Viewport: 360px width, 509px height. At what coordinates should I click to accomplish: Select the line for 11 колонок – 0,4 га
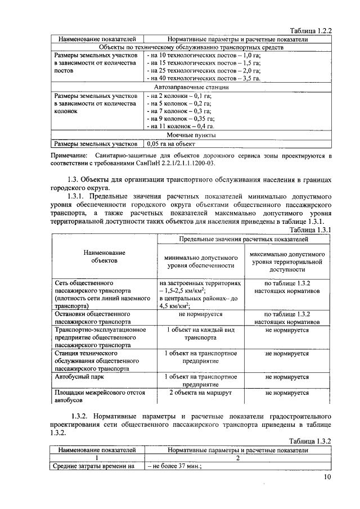183,127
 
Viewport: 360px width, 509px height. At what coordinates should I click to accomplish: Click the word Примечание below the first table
69,155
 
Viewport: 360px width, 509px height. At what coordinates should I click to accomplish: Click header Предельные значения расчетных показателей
244,239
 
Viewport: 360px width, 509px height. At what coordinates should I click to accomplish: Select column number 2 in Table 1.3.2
237,458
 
